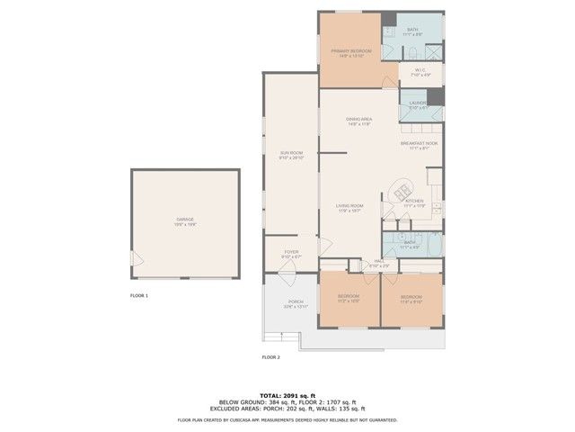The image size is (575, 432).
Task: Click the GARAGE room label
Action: point(185,220)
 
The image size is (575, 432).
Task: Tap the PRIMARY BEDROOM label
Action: point(351,52)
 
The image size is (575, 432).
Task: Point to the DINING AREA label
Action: point(359,121)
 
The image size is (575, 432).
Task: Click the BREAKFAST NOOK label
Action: point(419,145)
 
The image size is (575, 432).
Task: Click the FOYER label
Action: point(291,253)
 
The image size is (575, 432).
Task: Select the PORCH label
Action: point(296,303)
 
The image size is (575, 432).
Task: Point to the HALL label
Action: point(379,263)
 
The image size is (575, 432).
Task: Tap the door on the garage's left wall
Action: point(136,258)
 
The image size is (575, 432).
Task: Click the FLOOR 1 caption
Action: point(139,295)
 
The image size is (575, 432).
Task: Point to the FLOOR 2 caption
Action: point(271,357)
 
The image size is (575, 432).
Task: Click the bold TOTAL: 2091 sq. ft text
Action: point(287,395)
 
